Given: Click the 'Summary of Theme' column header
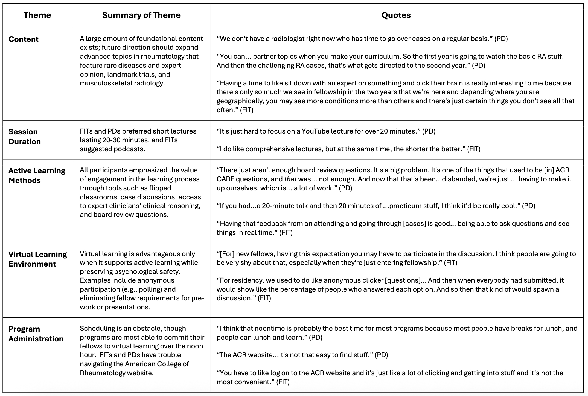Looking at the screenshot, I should pos(141,15).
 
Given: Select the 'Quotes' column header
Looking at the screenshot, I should pos(396,15).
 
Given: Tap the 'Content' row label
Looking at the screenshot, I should pos(24,39).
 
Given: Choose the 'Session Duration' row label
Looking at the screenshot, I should pos(25,137).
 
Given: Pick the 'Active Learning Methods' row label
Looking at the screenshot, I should pos(37,175).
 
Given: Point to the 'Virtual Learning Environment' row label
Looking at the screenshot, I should pos(37,259).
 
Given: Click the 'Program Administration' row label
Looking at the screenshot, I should pos(36,334).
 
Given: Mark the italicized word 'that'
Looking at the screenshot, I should pos(290,179).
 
